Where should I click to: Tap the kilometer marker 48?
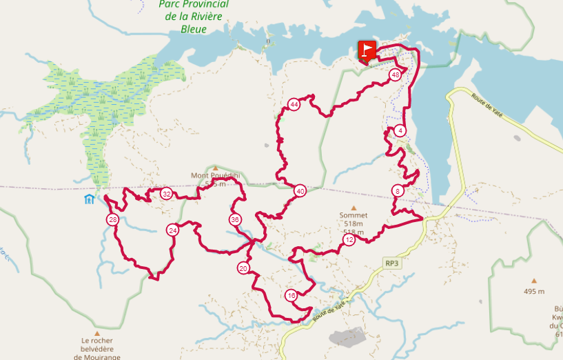(x=395, y=75)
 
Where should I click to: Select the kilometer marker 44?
(x=294, y=105)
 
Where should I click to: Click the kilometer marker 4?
(x=401, y=131)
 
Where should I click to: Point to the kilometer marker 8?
(x=398, y=191)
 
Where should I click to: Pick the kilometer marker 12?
(x=349, y=240)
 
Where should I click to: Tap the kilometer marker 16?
(x=291, y=296)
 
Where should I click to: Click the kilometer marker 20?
(x=243, y=268)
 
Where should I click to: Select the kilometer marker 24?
(x=173, y=230)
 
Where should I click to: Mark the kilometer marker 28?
(x=113, y=220)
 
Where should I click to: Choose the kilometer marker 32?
(x=166, y=194)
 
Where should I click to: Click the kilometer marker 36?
(x=235, y=220)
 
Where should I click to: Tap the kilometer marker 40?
(x=300, y=191)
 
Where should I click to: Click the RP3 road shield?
(x=392, y=263)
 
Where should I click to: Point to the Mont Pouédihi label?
(x=215, y=176)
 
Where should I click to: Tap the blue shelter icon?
(x=89, y=200)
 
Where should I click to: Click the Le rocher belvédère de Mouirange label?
(x=96, y=348)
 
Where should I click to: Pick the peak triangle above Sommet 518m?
(x=354, y=208)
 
